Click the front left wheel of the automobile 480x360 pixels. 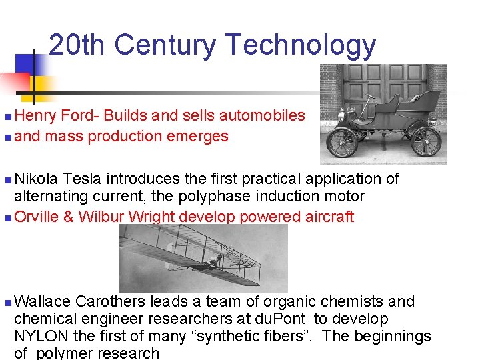click(x=343, y=141)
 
